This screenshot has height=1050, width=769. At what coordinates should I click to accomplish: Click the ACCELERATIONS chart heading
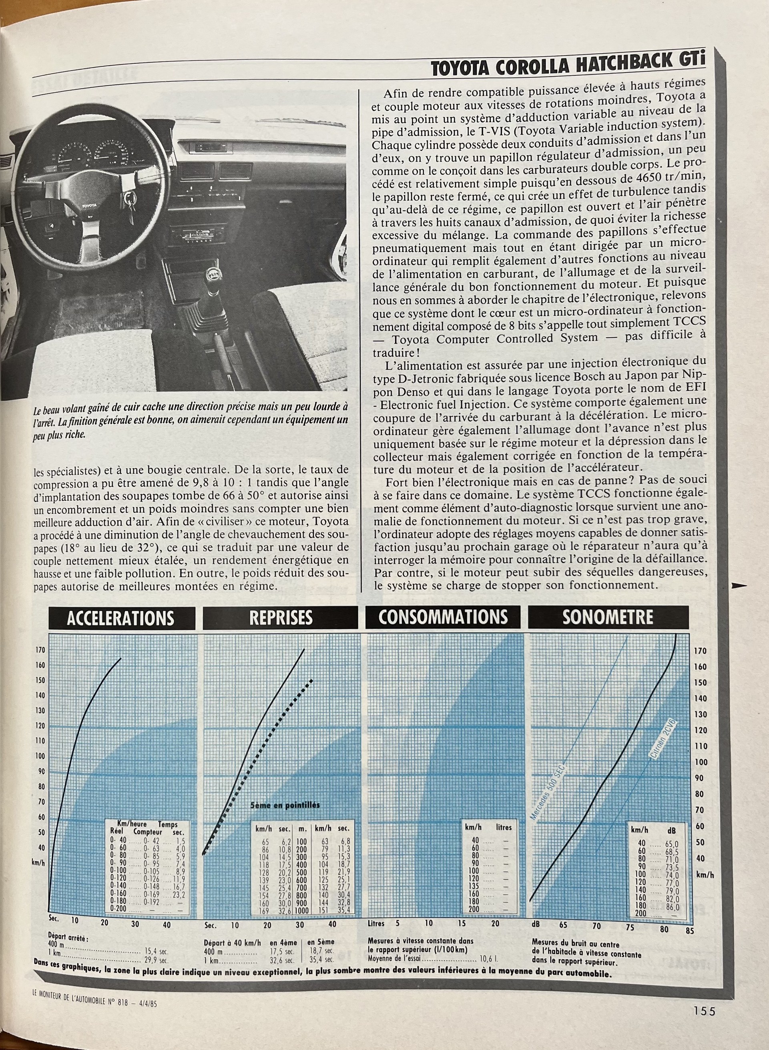(x=120, y=618)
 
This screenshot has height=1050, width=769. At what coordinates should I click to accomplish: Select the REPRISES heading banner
(x=281, y=618)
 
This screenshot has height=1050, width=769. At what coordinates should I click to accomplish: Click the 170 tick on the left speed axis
(x=41, y=650)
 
